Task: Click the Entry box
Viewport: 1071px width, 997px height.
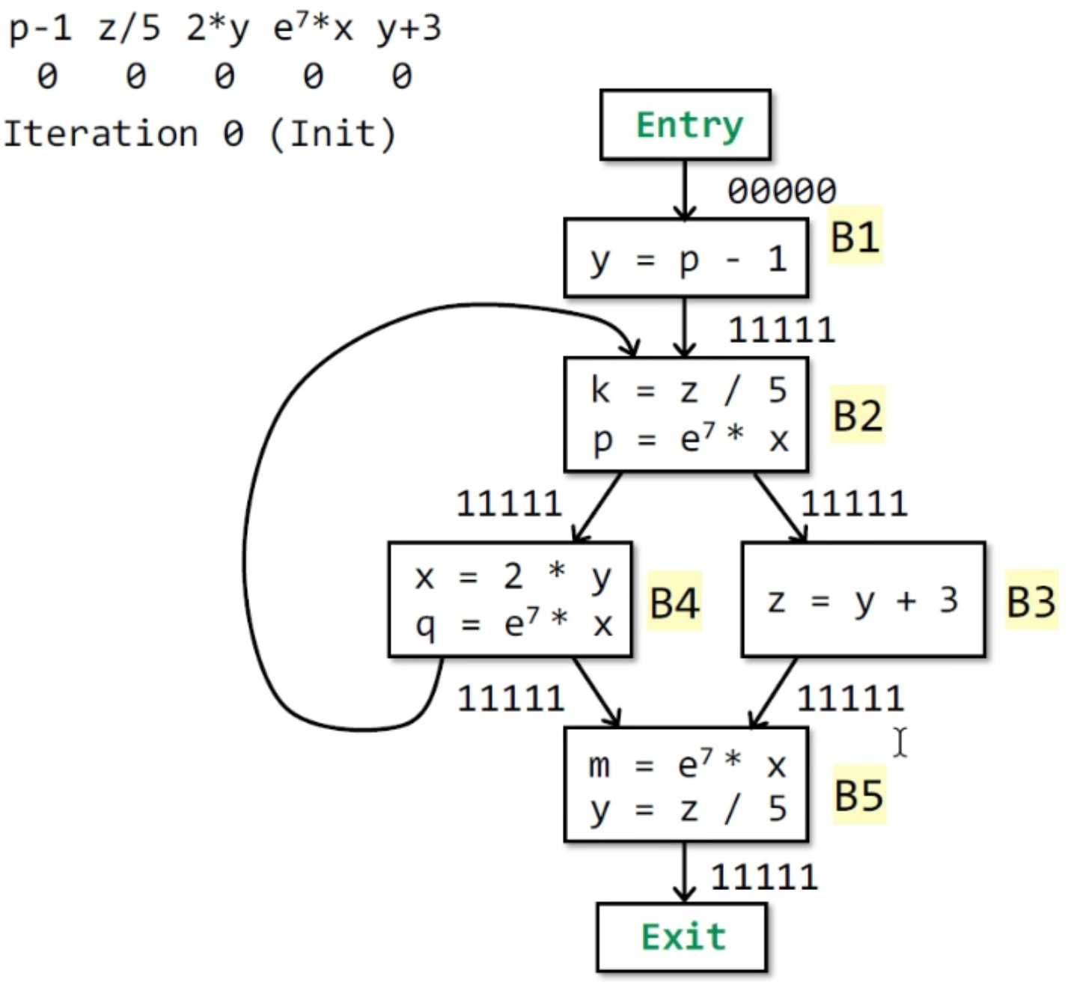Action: point(685,125)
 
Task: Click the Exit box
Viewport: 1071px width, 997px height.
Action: point(682,936)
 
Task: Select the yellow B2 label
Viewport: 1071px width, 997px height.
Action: point(858,415)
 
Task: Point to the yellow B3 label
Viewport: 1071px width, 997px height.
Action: point(1031,601)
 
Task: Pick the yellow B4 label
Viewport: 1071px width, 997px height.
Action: point(674,603)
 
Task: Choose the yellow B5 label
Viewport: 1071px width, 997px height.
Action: point(858,795)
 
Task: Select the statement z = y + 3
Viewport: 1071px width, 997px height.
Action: point(862,601)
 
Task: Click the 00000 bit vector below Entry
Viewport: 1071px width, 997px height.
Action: point(781,191)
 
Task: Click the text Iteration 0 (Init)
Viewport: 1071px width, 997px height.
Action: point(200,135)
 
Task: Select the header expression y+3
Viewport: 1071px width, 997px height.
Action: point(409,29)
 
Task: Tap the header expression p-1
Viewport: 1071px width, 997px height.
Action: point(40,29)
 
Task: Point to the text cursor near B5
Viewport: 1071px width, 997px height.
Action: point(900,742)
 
